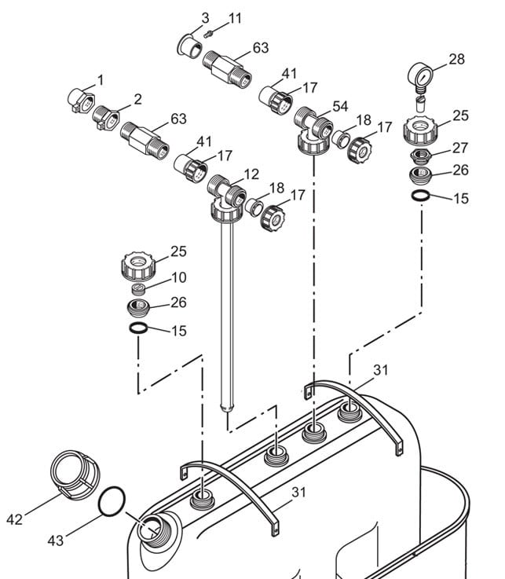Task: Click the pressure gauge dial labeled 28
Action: click(420, 75)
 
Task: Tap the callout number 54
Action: click(339, 106)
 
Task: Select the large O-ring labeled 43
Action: click(112, 501)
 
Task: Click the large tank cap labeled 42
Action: click(75, 475)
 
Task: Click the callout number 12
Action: click(251, 174)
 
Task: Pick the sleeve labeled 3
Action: click(190, 46)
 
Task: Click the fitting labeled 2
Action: click(106, 117)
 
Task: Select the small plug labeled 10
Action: click(138, 289)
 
